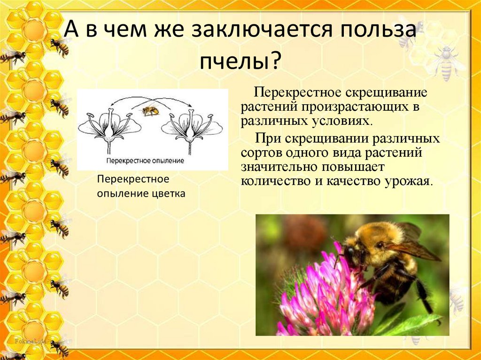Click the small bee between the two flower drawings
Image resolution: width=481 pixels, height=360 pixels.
[x=151, y=110]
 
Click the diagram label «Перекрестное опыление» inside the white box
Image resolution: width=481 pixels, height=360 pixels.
[x=145, y=161]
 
